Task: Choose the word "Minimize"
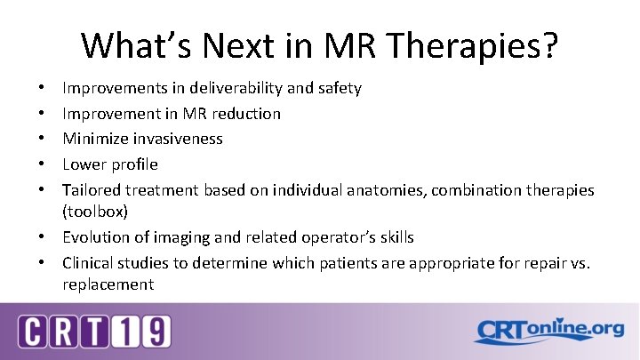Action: [93, 139]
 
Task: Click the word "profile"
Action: [133, 164]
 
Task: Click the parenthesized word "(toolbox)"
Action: [94, 212]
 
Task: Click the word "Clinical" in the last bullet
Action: [90, 263]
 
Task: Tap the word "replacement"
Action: [108, 284]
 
